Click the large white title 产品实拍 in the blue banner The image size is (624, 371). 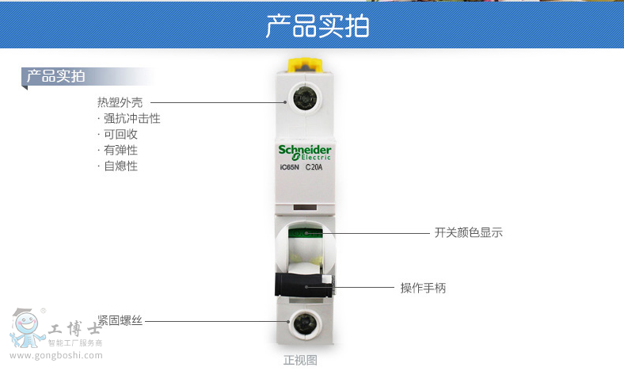tap(318, 26)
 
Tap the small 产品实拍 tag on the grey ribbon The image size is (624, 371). tap(55, 76)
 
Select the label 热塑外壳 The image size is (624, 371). tap(120, 102)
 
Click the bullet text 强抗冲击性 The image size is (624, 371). tap(131, 118)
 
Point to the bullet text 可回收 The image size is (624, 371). tap(120, 134)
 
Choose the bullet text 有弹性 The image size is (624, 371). tap(120, 151)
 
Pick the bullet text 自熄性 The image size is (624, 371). tap(120, 166)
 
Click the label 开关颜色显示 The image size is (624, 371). tap(469, 232)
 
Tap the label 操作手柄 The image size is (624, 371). tap(423, 288)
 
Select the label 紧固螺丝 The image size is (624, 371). tap(120, 320)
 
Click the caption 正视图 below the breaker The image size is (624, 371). tap(300, 360)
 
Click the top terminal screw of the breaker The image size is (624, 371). tap(304, 98)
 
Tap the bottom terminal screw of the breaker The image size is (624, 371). tap(304, 323)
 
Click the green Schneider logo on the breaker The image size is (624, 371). tap(304, 153)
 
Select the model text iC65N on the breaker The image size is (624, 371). tap(289, 167)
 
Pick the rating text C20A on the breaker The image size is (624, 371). tap(314, 167)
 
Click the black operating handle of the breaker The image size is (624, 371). tap(304, 285)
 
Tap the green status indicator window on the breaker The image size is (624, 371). tap(305, 233)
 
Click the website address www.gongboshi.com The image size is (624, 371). tap(56, 355)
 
